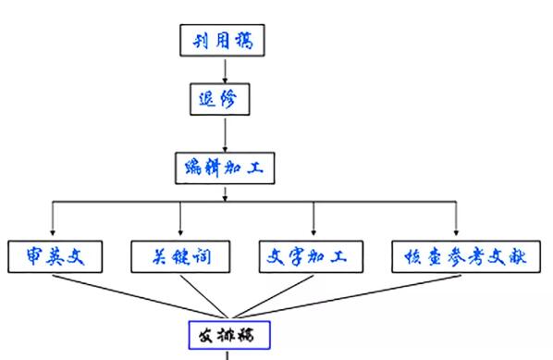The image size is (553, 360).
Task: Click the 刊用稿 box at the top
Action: point(225,40)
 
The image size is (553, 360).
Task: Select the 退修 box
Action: point(225,99)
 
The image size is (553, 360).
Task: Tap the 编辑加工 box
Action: point(225,168)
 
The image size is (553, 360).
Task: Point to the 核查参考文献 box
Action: point(458,255)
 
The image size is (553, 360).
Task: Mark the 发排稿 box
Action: point(227,333)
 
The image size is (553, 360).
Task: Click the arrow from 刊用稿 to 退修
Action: point(225,69)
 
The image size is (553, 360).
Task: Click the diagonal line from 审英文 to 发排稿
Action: point(139,293)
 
